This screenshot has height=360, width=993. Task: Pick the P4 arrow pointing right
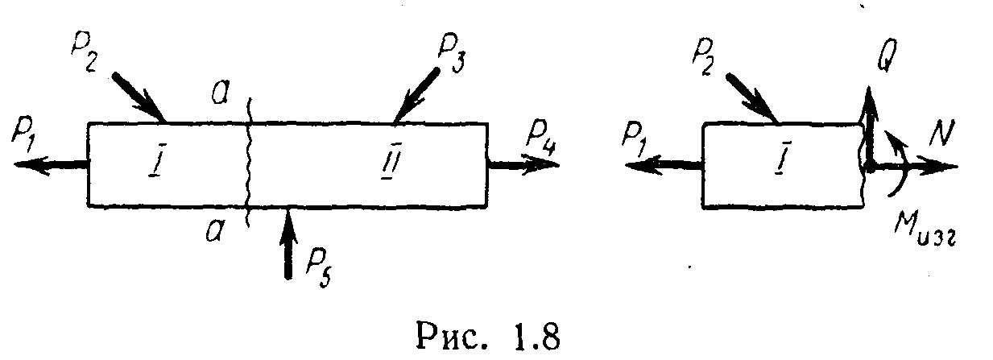coord(523,166)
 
